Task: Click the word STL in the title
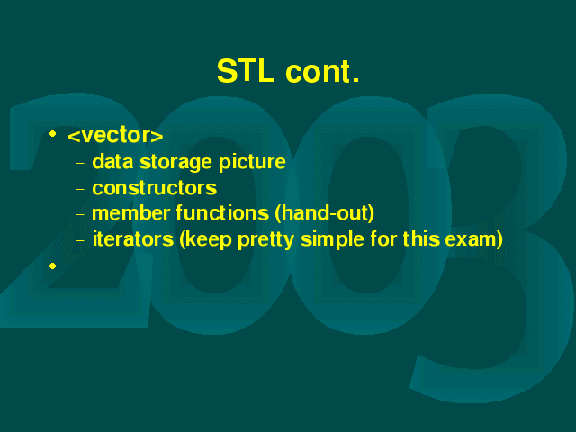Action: pos(246,71)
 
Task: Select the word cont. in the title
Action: pos(322,72)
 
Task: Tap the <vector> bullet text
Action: pos(115,135)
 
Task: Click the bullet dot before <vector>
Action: pos(52,134)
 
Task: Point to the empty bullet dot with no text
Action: pos(52,265)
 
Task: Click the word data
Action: pos(112,162)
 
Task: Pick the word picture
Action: pos(252,162)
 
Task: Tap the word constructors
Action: pos(154,188)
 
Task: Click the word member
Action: pos(130,213)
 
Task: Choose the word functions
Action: pos(222,213)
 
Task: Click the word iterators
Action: pos(132,239)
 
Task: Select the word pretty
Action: pos(265,240)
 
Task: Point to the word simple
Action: pos(332,240)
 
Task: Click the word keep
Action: pos(206,240)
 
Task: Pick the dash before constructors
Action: pos(80,189)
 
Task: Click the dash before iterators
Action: pos(80,240)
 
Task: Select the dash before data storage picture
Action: pos(80,163)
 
